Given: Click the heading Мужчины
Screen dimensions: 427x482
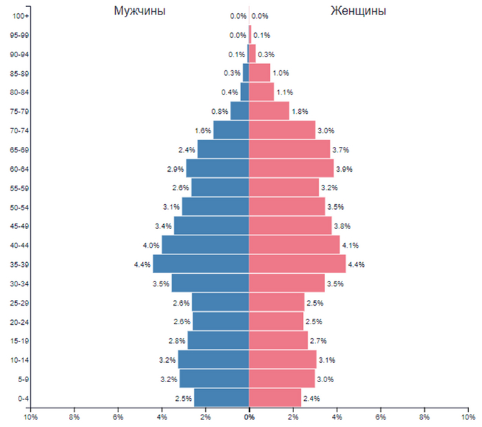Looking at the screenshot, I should tap(140, 11).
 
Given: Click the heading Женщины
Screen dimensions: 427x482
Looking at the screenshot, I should tap(357, 11).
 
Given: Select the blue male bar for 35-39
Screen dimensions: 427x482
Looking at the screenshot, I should tap(200, 264).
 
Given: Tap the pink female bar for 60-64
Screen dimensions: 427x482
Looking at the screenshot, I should tap(291, 168).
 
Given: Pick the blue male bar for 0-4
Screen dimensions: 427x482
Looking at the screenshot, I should tap(221, 398).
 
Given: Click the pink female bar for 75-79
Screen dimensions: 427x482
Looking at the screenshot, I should tap(269, 111).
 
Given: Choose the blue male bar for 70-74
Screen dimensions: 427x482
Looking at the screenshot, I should tap(231, 130).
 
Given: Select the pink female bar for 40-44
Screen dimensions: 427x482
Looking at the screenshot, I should tap(294, 245).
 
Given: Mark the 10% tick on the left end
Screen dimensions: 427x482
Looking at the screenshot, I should tap(30, 417).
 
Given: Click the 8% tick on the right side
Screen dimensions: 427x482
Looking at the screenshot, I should tap(424, 417).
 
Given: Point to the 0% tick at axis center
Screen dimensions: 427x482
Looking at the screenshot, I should tap(249, 417).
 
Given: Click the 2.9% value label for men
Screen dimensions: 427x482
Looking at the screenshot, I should tap(175, 169).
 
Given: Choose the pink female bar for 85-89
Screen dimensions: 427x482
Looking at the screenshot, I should tap(259, 72).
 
